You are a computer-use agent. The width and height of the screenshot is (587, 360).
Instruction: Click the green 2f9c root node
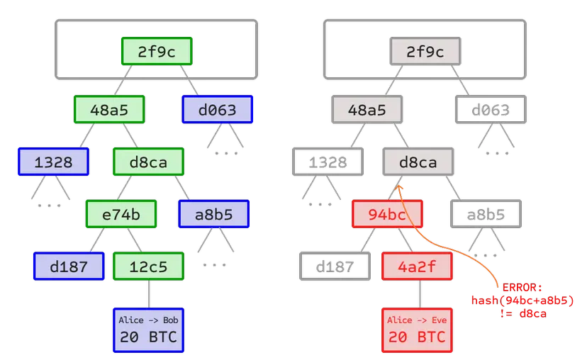[x=157, y=52]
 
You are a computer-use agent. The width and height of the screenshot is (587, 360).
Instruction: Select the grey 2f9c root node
[x=425, y=52]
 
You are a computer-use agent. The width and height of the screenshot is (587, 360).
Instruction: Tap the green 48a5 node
[x=110, y=110]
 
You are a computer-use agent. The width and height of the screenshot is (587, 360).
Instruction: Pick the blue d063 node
[x=218, y=110]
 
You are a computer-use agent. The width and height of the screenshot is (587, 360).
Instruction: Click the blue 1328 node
[x=53, y=162]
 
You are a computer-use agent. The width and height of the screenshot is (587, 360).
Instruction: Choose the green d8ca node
[x=149, y=162]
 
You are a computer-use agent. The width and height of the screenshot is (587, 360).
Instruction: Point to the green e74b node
[x=121, y=213]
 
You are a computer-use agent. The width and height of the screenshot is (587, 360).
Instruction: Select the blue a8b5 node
[x=214, y=213]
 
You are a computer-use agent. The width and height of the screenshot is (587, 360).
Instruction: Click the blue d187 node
[x=69, y=266]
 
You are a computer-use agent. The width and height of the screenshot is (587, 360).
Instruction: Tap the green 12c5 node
[x=149, y=266]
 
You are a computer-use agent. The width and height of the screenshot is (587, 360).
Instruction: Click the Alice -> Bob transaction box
[x=149, y=330]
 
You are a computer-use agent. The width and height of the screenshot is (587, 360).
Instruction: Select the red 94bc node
[x=388, y=213]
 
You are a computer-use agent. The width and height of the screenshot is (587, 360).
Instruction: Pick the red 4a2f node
[x=418, y=266]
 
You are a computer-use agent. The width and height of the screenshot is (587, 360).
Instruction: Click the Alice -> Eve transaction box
[x=418, y=330]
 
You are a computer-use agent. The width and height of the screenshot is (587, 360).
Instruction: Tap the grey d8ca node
[x=418, y=162]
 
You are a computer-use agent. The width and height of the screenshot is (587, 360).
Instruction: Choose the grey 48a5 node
[x=367, y=110]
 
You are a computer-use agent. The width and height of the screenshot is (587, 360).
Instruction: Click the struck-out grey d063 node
[x=491, y=110]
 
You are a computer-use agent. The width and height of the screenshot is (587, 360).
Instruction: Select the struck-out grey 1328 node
[x=327, y=162]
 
